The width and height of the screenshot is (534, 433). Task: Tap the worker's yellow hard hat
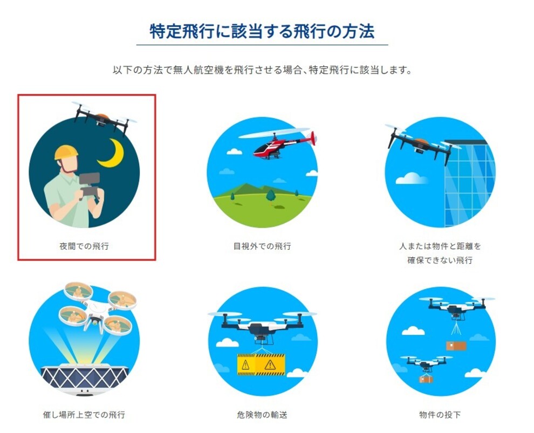click(x=66, y=153)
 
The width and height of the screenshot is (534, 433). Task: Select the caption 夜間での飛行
click(x=84, y=246)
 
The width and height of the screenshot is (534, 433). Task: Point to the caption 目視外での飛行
click(x=262, y=246)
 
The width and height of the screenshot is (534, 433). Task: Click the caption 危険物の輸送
click(x=262, y=415)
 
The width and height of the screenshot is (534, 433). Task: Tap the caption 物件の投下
click(x=440, y=415)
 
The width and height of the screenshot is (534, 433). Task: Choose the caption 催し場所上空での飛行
click(x=84, y=415)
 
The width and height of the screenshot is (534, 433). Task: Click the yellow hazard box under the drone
click(x=261, y=365)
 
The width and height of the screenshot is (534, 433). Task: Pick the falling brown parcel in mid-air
click(x=456, y=346)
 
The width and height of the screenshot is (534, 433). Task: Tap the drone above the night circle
click(x=104, y=118)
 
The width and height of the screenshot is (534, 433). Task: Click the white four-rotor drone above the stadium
click(x=98, y=308)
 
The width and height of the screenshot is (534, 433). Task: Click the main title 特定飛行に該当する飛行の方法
click(x=262, y=31)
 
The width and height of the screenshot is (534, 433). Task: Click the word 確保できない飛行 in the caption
click(x=440, y=260)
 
